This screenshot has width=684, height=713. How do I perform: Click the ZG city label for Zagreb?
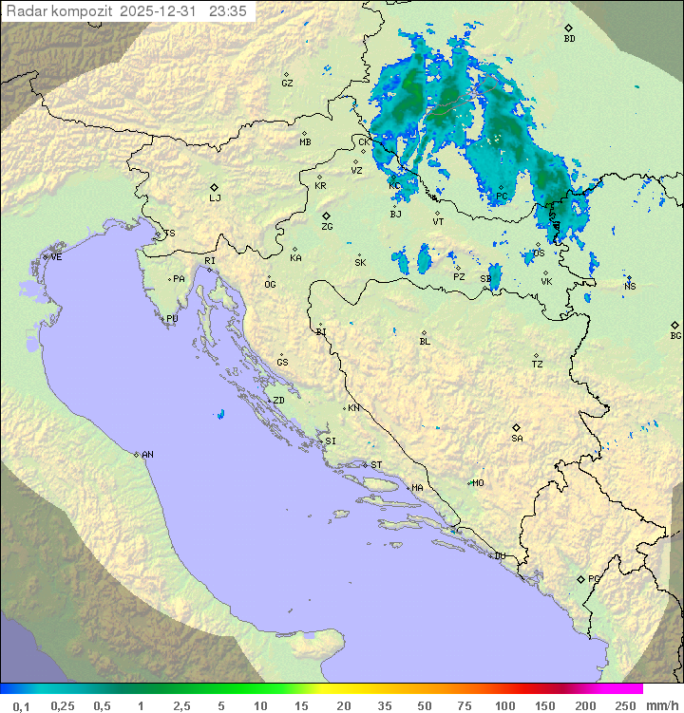(x=327, y=228)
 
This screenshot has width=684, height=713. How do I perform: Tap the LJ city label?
(x=215, y=198)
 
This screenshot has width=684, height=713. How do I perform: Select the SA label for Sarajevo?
(x=517, y=439)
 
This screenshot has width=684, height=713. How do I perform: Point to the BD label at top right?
(x=569, y=39)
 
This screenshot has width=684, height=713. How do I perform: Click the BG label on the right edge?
(x=675, y=336)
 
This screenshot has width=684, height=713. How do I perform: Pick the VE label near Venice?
(x=56, y=257)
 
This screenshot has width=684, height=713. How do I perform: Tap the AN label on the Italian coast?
(x=147, y=455)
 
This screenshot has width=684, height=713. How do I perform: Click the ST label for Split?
(x=376, y=465)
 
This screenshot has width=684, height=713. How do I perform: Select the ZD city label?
(x=278, y=401)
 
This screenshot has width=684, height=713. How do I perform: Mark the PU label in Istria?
(x=172, y=319)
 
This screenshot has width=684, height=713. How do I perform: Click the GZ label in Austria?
(x=287, y=84)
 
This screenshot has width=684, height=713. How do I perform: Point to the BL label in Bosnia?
(x=425, y=342)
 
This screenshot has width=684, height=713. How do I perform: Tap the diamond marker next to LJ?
(x=215, y=187)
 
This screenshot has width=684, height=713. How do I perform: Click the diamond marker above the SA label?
(x=517, y=427)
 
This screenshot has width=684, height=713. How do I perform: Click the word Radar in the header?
(x=26, y=11)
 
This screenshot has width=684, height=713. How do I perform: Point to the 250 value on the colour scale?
(x=624, y=705)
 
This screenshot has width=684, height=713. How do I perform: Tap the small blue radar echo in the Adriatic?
(x=220, y=414)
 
